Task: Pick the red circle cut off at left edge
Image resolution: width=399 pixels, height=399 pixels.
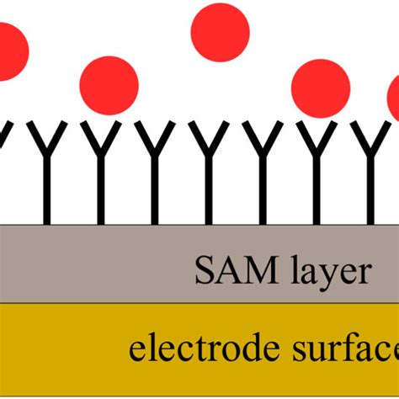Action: (x=10, y=51)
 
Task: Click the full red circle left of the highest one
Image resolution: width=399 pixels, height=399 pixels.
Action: (x=109, y=85)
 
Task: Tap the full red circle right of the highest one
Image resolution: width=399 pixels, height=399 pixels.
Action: (x=320, y=88)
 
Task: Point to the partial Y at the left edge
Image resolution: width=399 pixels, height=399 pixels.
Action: (x=4, y=135)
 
